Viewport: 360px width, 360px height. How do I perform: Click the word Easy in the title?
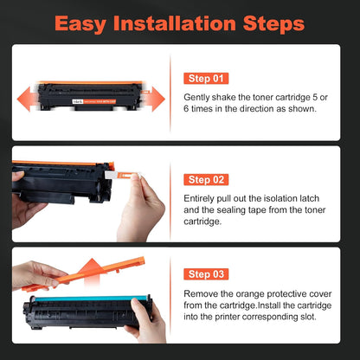click(80, 24)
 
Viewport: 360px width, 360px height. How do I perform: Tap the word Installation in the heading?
click(175, 23)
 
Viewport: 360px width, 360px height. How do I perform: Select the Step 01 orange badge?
click(206, 79)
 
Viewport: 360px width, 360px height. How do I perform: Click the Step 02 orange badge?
click(206, 180)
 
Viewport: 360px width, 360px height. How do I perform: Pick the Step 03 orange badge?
click(206, 274)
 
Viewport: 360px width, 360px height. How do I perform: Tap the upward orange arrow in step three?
click(92, 271)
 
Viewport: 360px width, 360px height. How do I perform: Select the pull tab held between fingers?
click(122, 175)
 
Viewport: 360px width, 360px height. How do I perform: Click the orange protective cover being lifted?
click(84, 274)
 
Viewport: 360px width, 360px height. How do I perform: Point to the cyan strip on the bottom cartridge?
click(91, 299)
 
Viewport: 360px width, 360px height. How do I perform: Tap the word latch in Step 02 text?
click(309, 198)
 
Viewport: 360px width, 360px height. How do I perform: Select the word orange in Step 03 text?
click(250, 294)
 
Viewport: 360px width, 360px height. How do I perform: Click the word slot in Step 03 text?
click(308, 317)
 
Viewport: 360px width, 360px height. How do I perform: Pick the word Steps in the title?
click(273, 24)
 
